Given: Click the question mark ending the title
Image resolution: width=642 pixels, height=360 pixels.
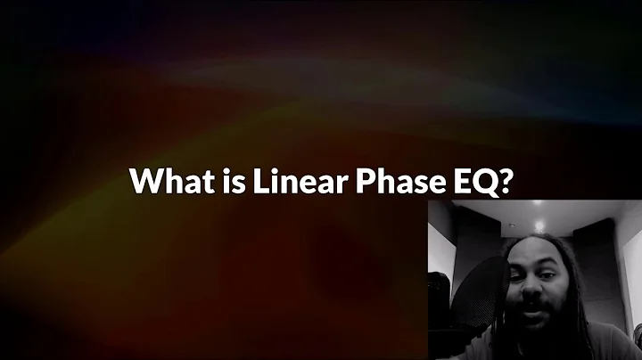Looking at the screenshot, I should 506,182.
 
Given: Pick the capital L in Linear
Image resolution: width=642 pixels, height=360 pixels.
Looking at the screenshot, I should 257,182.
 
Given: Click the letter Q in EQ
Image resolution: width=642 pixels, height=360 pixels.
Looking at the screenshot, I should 484,183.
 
